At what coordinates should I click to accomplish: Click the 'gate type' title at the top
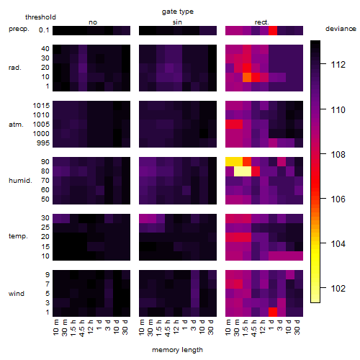tap(178, 12)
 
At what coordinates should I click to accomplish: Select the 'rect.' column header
tap(262, 22)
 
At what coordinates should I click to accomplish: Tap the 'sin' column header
tap(177, 22)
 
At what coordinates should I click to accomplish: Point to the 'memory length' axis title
tap(177, 350)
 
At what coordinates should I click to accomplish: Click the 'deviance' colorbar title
tap(341, 29)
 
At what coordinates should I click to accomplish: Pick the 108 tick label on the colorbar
tap(338, 155)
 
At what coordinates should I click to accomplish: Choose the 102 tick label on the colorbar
tap(338, 288)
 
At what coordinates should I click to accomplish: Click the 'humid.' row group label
tap(20, 181)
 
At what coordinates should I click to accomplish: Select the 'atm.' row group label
tap(16, 125)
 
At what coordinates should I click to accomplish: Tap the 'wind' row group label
tap(17, 294)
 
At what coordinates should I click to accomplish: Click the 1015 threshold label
tap(41, 106)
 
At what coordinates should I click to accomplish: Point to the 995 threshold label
tap(43, 143)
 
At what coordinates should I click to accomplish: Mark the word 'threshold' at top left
tap(40, 17)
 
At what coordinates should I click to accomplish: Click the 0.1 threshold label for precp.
tap(44, 30)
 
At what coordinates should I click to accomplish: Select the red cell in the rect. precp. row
tap(273, 30)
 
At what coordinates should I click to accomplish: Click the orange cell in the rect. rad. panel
tap(247, 77)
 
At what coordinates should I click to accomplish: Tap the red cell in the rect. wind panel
tap(273, 312)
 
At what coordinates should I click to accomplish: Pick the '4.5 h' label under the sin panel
tap(168, 328)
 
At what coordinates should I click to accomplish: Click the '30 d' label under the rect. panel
tap(297, 328)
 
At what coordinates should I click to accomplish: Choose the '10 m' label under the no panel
tap(55, 328)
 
